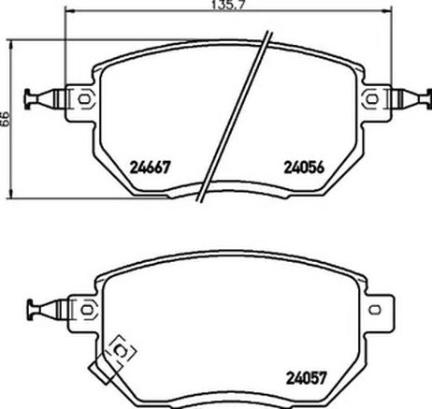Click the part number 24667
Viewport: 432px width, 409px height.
[x=151, y=168]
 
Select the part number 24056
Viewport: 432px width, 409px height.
[x=304, y=168]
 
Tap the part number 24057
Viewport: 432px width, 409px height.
[x=307, y=378]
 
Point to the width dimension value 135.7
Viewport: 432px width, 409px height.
[x=227, y=6]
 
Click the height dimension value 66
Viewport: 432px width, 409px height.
[x=6, y=118]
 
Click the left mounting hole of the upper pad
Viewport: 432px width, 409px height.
[x=84, y=99]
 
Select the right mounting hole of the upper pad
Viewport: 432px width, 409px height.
[x=371, y=99]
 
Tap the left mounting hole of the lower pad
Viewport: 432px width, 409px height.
[x=87, y=310]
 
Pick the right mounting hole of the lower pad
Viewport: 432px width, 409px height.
[x=374, y=310]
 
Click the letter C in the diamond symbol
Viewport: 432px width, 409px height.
[x=121, y=351]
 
